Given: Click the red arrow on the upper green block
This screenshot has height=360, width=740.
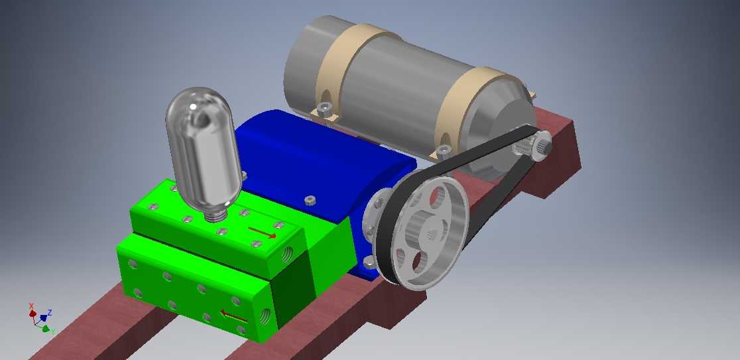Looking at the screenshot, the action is tap(262, 232).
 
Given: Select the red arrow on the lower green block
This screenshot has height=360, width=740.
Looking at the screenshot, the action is tap(234, 316).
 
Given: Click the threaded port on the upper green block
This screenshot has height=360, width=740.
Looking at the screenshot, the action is tap(287, 255).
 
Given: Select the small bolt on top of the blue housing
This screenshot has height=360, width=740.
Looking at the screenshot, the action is tap(310, 200).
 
